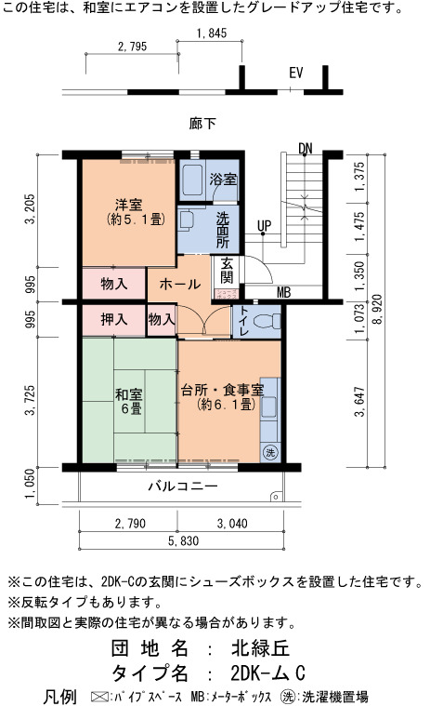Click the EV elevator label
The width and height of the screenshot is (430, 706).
(x=295, y=73)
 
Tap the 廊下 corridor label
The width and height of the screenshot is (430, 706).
(x=202, y=124)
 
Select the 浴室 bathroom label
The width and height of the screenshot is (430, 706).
(x=223, y=179)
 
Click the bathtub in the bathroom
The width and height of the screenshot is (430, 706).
(x=193, y=180)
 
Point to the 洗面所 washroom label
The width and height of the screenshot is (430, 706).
(x=222, y=230)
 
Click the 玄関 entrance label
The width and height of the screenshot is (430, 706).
(x=227, y=271)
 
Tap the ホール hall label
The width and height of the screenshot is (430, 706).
(x=180, y=284)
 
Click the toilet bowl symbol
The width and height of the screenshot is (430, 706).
(x=267, y=321)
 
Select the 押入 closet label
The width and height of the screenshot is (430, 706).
(x=113, y=320)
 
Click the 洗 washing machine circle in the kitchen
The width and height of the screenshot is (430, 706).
(x=270, y=452)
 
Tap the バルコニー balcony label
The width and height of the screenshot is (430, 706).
(x=183, y=486)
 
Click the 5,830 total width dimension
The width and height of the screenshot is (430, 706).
(x=183, y=540)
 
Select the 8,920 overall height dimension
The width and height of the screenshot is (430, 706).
(x=376, y=309)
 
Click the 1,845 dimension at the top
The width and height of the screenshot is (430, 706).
(x=211, y=33)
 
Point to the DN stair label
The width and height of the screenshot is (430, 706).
(x=306, y=148)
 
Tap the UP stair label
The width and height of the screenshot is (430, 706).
(x=264, y=226)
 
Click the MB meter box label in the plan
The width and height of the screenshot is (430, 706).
(x=284, y=293)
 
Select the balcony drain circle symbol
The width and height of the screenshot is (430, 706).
(x=275, y=497)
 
